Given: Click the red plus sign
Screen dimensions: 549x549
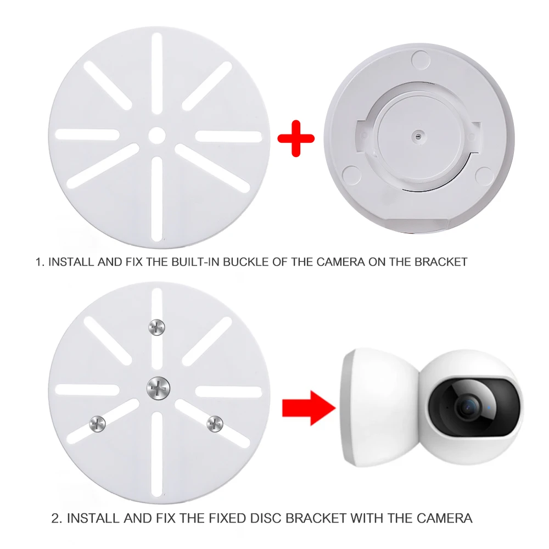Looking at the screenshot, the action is (296, 139).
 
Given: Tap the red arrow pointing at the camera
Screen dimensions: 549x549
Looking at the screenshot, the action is (309, 408).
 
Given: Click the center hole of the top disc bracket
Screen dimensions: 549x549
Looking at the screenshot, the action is (157, 136).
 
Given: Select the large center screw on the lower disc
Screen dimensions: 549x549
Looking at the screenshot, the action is (158, 389).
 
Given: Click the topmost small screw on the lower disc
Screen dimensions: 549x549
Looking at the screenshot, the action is (156, 327).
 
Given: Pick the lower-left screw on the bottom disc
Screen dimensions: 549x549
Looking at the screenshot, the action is (98, 424).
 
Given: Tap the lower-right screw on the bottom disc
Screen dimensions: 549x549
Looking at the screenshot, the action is (215, 424).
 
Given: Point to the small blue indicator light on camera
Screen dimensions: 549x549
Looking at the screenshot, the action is (489, 407).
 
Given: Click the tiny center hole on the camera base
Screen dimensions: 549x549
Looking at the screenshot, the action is (418, 135).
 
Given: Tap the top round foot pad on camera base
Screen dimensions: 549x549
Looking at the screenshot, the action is (421, 59).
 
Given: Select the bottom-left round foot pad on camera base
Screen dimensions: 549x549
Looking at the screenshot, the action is (351, 175).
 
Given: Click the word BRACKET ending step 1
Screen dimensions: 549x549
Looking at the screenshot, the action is (441, 262).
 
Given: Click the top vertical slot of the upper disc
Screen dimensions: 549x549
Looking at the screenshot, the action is (157, 74).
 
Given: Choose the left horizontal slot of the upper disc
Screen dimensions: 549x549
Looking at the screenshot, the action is (87, 135).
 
